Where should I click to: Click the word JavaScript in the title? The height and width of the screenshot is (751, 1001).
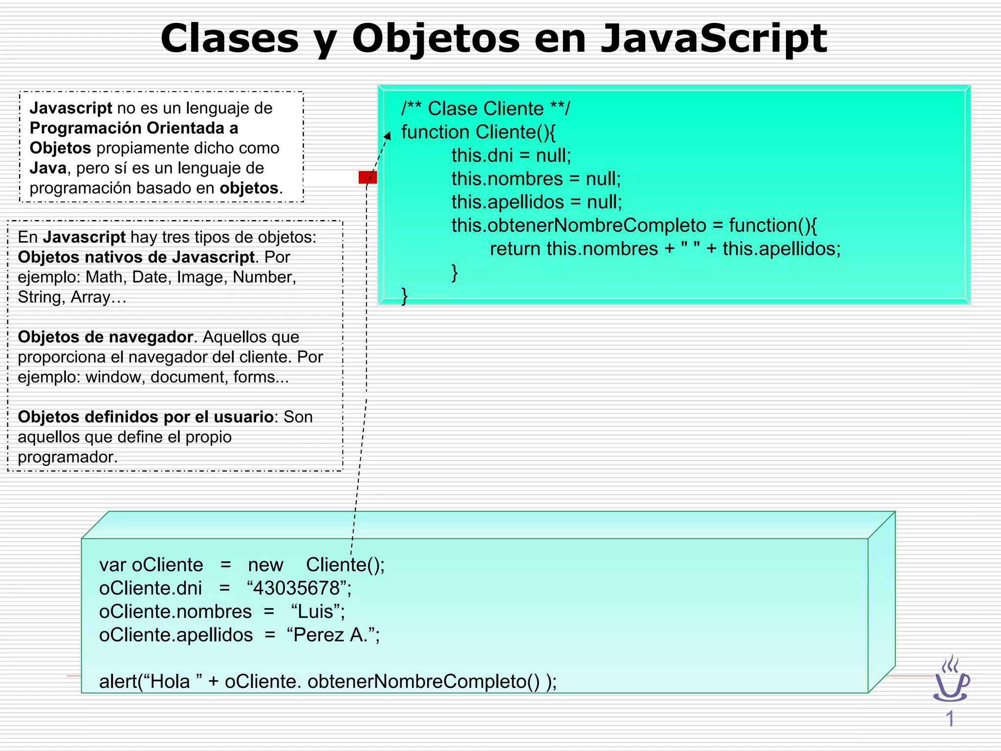[714, 39]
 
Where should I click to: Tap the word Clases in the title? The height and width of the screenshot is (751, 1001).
[229, 39]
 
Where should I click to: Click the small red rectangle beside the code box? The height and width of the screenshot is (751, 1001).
[367, 177]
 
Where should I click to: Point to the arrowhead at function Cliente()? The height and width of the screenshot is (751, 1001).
[388, 135]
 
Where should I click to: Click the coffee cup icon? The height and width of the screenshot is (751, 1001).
[951, 681]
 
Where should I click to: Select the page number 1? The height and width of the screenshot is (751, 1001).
[950, 719]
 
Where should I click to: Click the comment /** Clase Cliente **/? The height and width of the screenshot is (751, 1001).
[485, 109]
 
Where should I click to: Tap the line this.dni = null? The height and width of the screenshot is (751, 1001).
[511, 155]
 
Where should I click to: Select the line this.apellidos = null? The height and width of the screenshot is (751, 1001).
[536, 202]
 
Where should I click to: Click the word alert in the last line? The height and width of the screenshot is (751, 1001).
[118, 682]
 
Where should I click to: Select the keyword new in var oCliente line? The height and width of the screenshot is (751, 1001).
[265, 565]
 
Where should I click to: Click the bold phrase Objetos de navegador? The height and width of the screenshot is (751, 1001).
[105, 337]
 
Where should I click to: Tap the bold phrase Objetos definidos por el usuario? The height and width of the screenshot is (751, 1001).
[146, 417]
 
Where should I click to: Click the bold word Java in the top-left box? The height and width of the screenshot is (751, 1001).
[47, 168]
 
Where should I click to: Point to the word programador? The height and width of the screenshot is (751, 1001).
[67, 457]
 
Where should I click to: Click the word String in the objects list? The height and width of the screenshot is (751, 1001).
[39, 297]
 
